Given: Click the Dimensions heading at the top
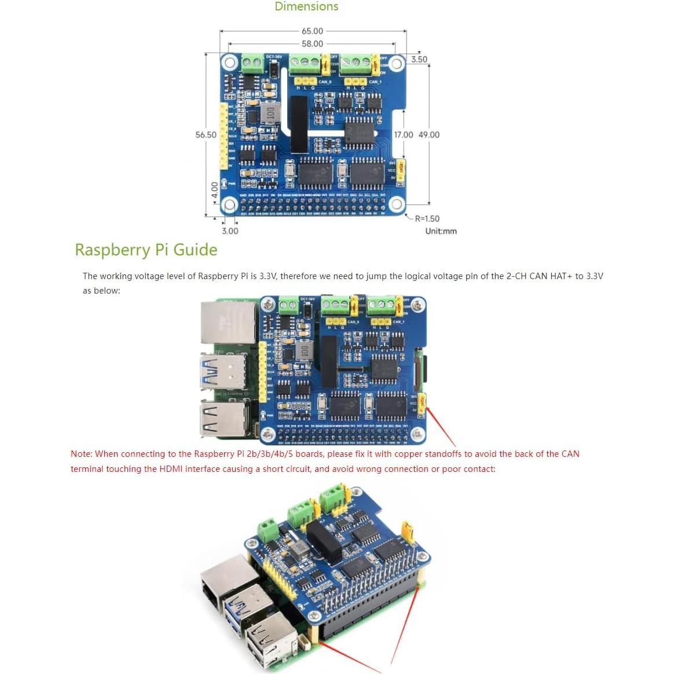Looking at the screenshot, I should pos(306,7).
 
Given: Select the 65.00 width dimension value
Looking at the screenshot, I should pos(312,31).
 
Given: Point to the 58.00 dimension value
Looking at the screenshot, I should pos(312,44).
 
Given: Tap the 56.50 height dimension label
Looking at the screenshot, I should pos(206,135).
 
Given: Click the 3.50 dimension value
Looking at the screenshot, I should pos(419,60).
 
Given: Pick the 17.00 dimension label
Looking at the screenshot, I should pos(404,135).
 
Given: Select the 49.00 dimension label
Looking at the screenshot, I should pos(428,135).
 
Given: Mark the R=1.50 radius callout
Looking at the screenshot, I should pos(427,219).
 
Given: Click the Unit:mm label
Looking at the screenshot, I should pos(441,231).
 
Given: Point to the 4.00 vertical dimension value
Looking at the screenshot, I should pos(215,189).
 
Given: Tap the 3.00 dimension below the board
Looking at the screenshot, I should pos(230,231).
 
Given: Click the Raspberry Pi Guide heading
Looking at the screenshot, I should pos(146,250).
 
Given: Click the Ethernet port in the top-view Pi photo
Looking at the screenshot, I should pos(229,323).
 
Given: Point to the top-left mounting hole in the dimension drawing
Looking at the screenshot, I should pos(229,63).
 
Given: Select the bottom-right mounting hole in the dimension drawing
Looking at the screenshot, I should pos(396,204).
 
